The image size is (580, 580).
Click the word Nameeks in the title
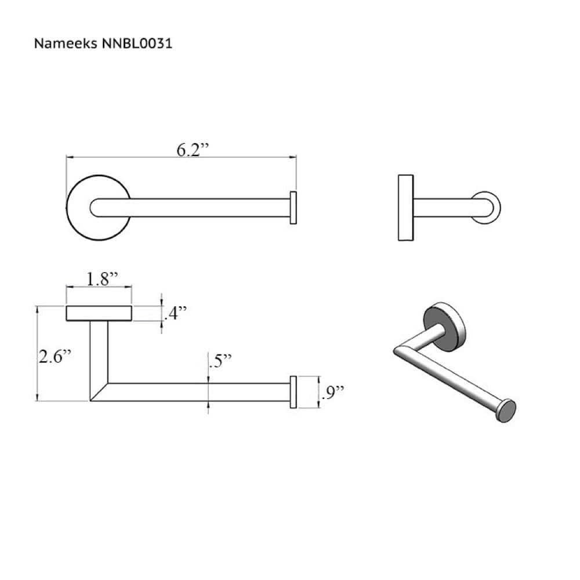[60, 43]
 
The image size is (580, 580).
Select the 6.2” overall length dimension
[192, 150]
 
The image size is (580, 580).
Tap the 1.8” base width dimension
[102, 279]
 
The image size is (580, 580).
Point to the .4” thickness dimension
[176, 314]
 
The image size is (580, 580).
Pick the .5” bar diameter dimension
[220, 361]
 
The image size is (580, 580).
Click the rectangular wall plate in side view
[406, 208]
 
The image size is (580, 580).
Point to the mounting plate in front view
[99, 313]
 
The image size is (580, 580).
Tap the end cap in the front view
[293, 392]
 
